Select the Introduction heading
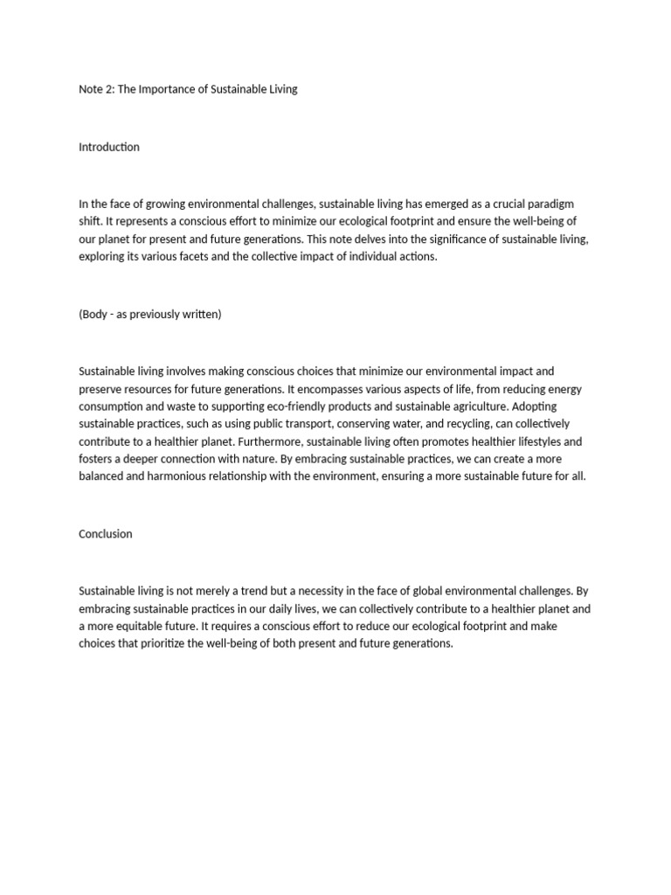click(109, 147)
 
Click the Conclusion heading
click(106, 533)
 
